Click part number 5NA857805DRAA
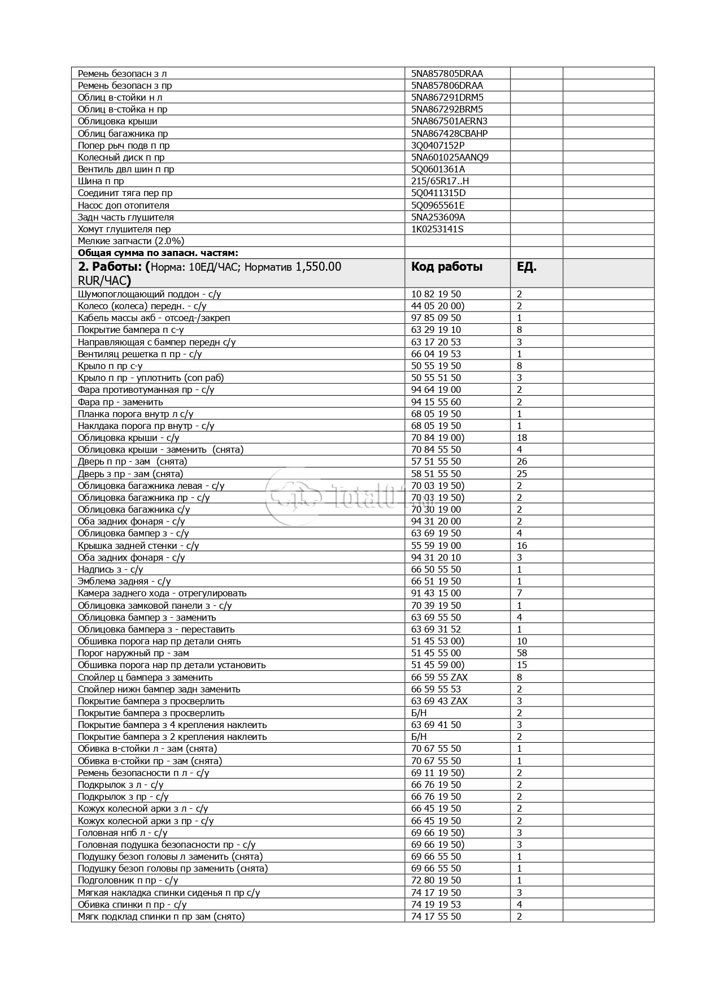click(447, 73)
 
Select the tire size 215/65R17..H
click(440, 181)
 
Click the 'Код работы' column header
click(446, 267)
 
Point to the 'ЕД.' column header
click(526, 267)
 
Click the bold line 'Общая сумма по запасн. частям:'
click(158, 253)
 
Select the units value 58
click(522, 653)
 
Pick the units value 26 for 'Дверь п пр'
click(522, 462)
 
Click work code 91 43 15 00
click(436, 594)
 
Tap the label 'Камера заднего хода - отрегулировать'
click(162, 594)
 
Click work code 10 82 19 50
click(436, 294)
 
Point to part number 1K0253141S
click(438, 229)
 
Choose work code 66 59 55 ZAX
click(439, 678)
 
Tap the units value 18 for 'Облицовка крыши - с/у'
click(522, 438)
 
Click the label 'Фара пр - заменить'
click(120, 402)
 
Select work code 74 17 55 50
click(436, 917)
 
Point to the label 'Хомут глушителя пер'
click(124, 229)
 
